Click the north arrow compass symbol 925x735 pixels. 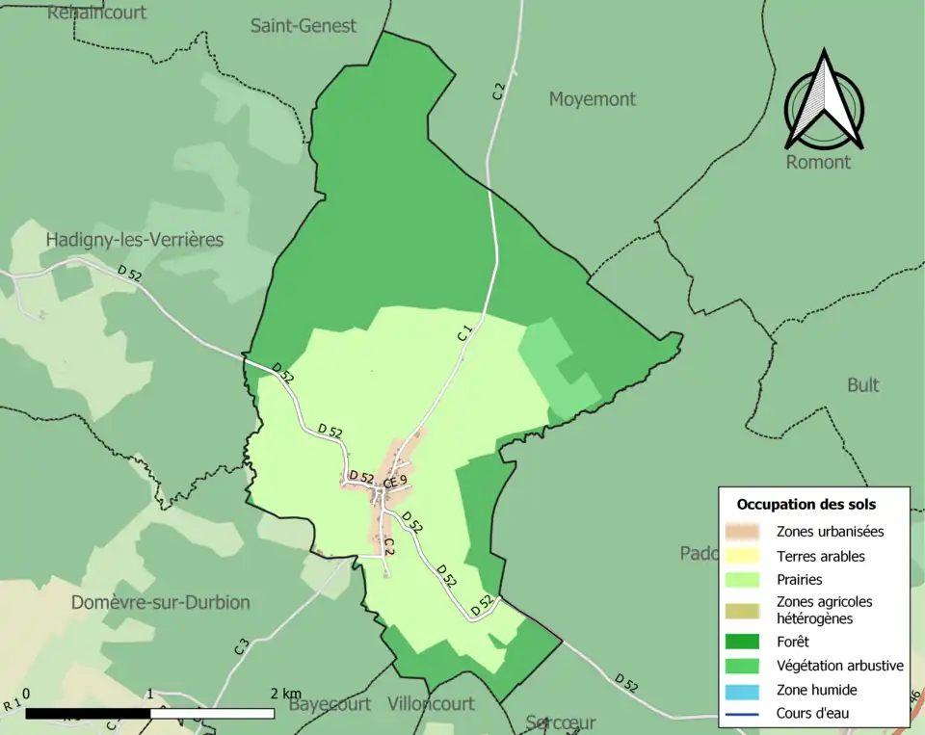(824, 101)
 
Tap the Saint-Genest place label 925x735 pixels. (303, 26)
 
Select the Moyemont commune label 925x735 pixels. (592, 99)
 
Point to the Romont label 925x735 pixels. (818, 162)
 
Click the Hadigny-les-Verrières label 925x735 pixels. (134, 239)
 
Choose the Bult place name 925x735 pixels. (862, 385)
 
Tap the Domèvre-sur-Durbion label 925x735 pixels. (160, 602)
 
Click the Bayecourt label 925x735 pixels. (330, 704)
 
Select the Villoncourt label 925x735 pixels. (431, 704)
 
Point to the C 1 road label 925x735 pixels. (465, 334)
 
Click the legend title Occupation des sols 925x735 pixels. (806, 504)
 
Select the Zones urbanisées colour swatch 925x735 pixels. (743, 531)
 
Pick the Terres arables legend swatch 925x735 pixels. (743, 556)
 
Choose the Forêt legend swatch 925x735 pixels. (743, 641)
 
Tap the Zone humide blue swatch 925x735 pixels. (743, 690)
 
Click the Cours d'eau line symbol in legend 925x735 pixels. (743, 714)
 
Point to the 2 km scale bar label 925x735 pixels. (286, 695)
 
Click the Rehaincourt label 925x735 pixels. (96, 13)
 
